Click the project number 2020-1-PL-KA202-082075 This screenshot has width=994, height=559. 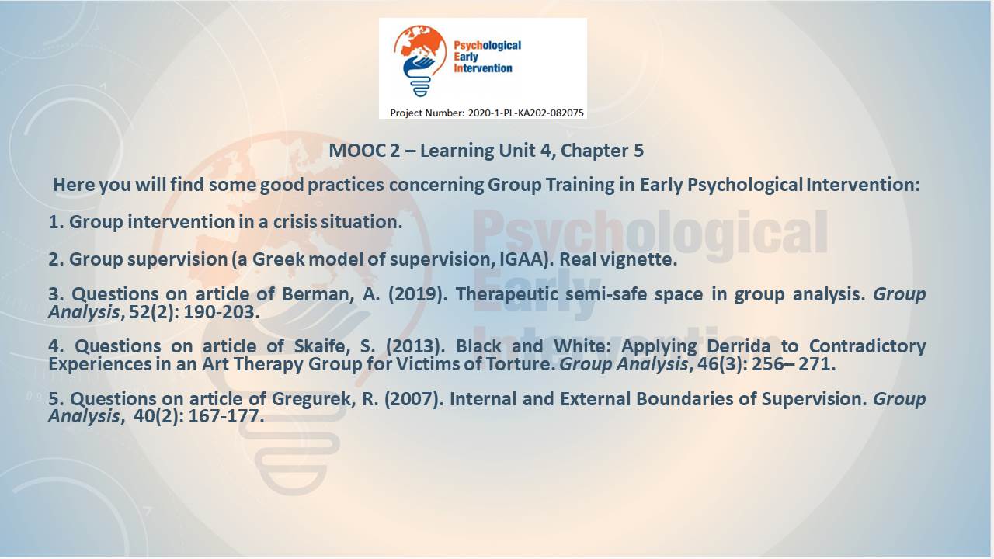point(526,113)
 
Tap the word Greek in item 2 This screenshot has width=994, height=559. point(278,259)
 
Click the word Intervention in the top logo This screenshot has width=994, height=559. point(483,68)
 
